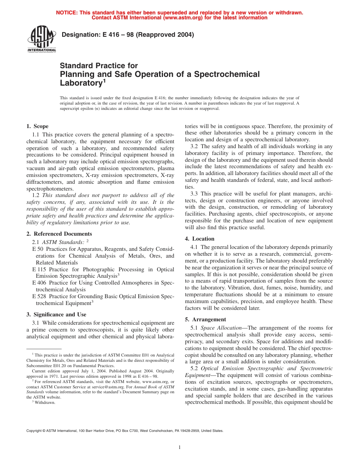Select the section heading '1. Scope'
(38, 126)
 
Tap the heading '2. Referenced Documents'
(59, 234)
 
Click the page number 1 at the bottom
(180, 447)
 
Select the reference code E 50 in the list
(38, 249)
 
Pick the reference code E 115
(39, 269)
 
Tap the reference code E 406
(39, 283)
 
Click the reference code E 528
(39, 296)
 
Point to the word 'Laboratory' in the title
(80, 83)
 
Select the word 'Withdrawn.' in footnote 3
(45, 402)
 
